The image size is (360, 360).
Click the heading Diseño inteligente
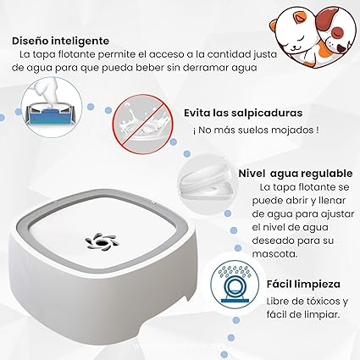point(60,41)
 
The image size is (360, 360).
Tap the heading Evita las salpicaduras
point(243,113)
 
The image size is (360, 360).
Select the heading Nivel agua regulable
point(296,174)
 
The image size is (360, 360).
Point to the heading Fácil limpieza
point(303,285)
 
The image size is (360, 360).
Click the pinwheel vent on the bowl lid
point(102,242)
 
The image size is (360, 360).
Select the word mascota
point(274,254)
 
